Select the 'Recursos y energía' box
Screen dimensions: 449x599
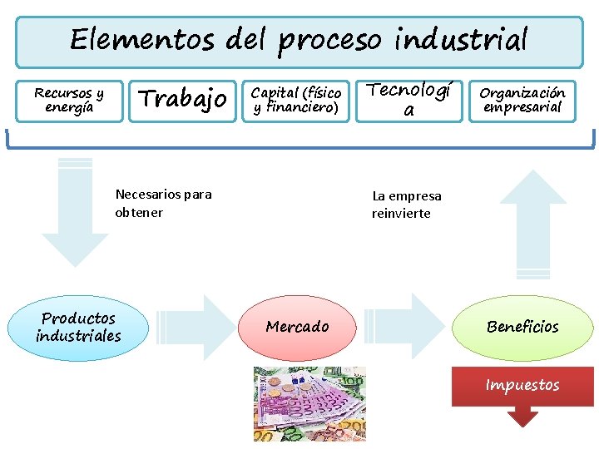69,100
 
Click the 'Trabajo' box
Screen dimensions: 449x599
181,100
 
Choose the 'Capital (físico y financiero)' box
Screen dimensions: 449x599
296,100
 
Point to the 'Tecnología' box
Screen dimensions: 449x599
408,100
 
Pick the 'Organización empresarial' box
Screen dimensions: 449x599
522,100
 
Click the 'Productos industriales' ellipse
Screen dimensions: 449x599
78,327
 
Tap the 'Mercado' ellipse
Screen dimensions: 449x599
298,327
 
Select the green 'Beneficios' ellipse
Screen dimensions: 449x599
522,327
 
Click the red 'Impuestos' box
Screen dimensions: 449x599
522,385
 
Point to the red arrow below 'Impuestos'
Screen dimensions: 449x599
522,416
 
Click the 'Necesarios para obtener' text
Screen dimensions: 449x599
163,203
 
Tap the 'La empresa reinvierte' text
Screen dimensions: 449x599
406,205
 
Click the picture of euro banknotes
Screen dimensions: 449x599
309,404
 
